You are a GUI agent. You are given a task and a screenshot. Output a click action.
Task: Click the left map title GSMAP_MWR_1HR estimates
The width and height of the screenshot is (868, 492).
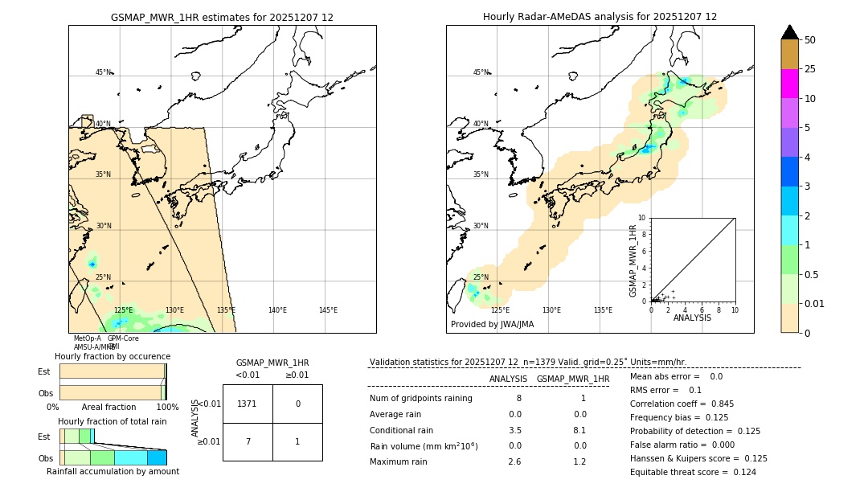[x=222, y=17]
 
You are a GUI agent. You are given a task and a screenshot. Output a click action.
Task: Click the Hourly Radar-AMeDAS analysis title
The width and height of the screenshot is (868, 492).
[x=600, y=17]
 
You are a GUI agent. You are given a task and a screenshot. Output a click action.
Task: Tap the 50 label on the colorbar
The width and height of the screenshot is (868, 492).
[x=811, y=40]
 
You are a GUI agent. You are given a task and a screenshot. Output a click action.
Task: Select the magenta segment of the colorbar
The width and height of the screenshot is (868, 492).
[x=789, y=84]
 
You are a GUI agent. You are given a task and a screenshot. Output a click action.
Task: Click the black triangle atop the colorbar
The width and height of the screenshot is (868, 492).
[x=789, y=32]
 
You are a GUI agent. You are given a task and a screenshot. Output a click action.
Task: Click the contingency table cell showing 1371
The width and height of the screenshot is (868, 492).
[x=247, y=404]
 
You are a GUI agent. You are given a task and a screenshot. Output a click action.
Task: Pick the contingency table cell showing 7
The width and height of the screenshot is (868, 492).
[x=247, y=441]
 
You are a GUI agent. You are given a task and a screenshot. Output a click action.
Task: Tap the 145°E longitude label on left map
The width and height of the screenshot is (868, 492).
[x=328, y=310]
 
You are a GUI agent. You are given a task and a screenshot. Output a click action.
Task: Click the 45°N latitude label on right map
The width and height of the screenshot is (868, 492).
[x=481, y=72]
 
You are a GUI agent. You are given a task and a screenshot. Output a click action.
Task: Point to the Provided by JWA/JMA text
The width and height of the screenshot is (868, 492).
[x=492, y=325]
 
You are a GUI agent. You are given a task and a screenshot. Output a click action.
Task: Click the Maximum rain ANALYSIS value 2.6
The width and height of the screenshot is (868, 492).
[x=514, y=461]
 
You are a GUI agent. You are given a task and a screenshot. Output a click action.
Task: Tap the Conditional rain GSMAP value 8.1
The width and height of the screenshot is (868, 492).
[x=579, y=430]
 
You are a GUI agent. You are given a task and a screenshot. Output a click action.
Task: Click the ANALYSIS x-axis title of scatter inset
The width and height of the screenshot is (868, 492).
[x=692, y=318]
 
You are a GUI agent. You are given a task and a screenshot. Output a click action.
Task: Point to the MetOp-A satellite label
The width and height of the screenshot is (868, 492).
[x=87, y=338]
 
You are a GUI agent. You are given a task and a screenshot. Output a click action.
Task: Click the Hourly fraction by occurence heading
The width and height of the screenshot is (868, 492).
[x=113, y=356]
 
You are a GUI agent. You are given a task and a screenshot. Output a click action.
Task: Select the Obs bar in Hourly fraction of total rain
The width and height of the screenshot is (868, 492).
[x=113, y=457]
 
